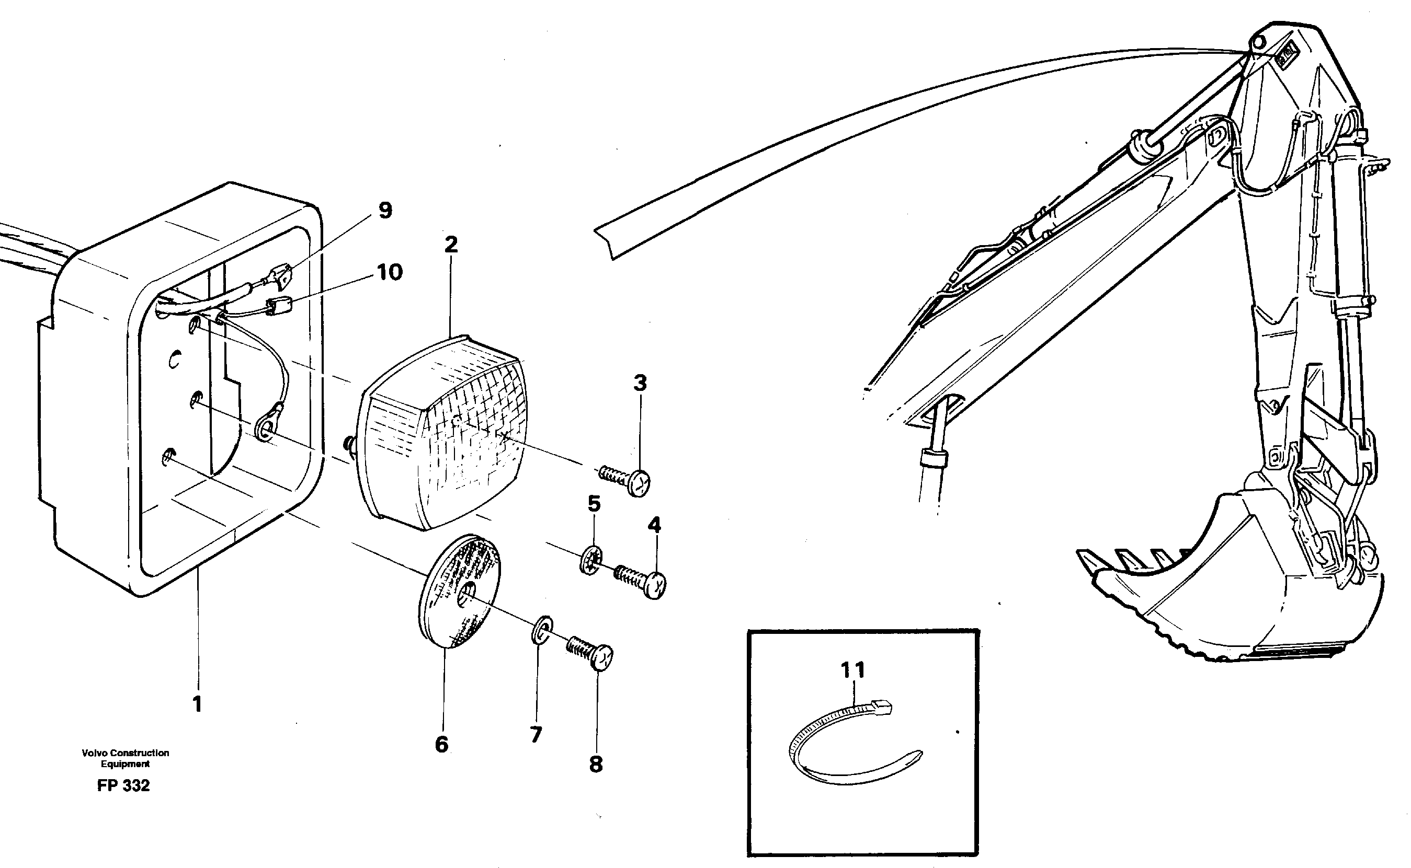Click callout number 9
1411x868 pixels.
385,211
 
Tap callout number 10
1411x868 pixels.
390,272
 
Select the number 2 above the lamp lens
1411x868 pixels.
451,245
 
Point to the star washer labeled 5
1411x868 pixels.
591,560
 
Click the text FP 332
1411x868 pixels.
123,786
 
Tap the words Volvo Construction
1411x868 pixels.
125,753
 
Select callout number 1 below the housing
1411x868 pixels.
197,704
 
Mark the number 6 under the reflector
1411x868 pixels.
441,745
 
